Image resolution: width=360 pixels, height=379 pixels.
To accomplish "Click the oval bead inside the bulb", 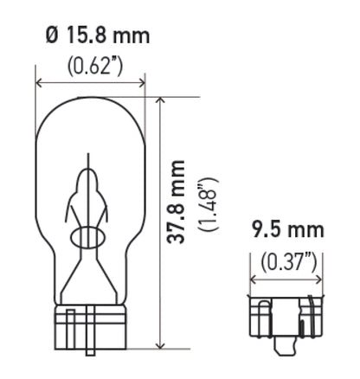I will point(91,236).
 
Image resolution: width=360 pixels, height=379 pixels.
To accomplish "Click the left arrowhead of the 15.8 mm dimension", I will point(40,84).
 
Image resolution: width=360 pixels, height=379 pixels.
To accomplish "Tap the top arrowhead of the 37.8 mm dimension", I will point(160,100).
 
